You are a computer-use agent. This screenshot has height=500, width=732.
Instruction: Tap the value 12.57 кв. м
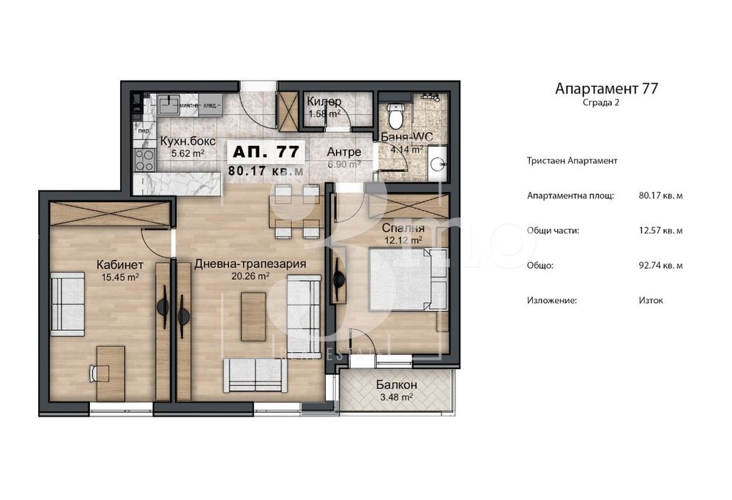point(660,231)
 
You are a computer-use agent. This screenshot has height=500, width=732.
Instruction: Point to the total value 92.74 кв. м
point(660,266)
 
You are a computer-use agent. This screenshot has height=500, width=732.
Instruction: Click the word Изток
point(651,300)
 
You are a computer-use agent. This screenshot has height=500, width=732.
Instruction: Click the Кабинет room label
point(119,264)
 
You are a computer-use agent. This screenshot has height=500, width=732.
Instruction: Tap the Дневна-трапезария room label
point(250,264)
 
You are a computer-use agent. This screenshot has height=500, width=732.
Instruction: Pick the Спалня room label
point(402,228)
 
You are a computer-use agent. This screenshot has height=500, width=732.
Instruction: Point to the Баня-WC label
point(402,136)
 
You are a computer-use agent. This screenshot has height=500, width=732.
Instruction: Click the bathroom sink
point(438,165)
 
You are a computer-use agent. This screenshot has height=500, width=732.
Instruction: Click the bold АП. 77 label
point(265,152)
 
